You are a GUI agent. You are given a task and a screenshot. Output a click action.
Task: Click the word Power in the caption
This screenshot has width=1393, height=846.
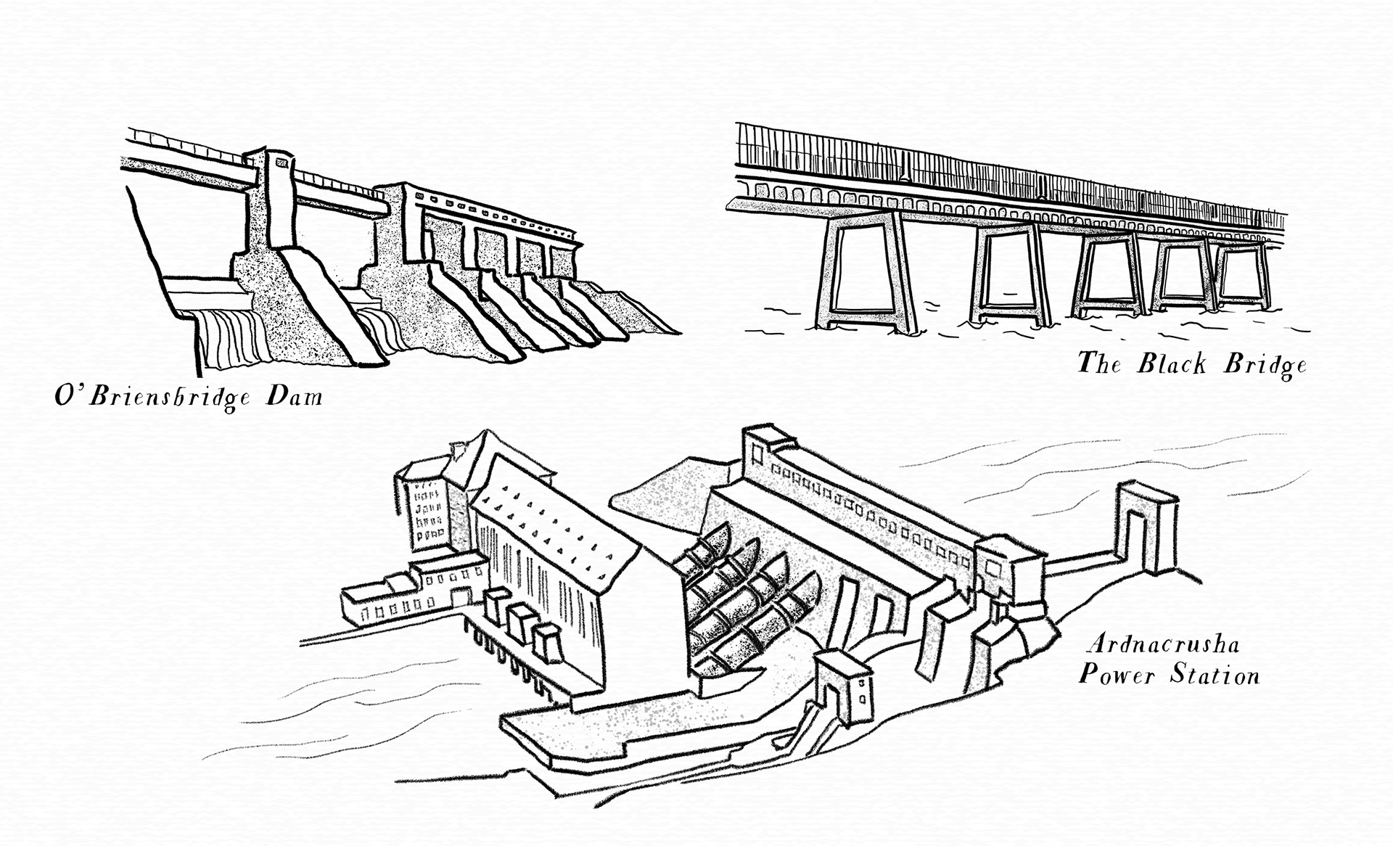1116,676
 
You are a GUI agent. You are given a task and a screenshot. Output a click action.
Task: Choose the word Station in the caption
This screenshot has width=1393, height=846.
1215,676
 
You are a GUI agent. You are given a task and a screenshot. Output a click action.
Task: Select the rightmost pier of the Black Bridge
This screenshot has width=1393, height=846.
1242,276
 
